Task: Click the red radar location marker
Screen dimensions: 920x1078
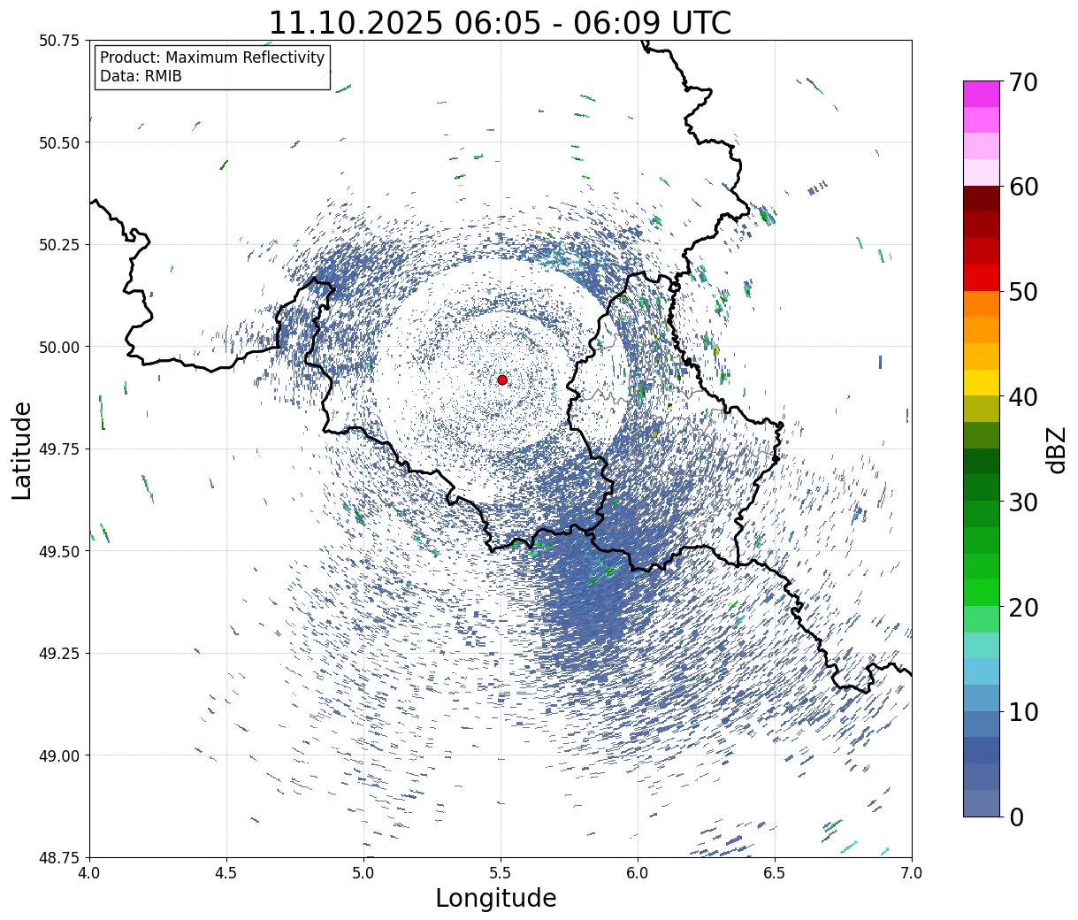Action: [x=501, y=379]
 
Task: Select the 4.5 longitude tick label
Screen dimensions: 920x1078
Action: [x=226, y=873]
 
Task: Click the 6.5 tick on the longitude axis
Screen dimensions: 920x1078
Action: [x=775, y=873]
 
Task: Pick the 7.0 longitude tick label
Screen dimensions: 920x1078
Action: [x=912, y=873]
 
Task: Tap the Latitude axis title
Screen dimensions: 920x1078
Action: [x=22, y=449]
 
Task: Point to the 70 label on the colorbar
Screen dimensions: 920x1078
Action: [x=1022, y=82]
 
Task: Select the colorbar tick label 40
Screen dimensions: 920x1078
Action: [x=1022, y=397]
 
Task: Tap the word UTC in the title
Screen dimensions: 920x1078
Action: [x=698, y=23]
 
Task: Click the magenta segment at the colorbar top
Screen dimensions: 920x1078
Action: [x=981, y=94]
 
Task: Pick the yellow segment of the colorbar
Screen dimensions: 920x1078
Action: [x=981, y=382]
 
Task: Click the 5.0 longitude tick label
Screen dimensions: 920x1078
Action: [x=363, y=873]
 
